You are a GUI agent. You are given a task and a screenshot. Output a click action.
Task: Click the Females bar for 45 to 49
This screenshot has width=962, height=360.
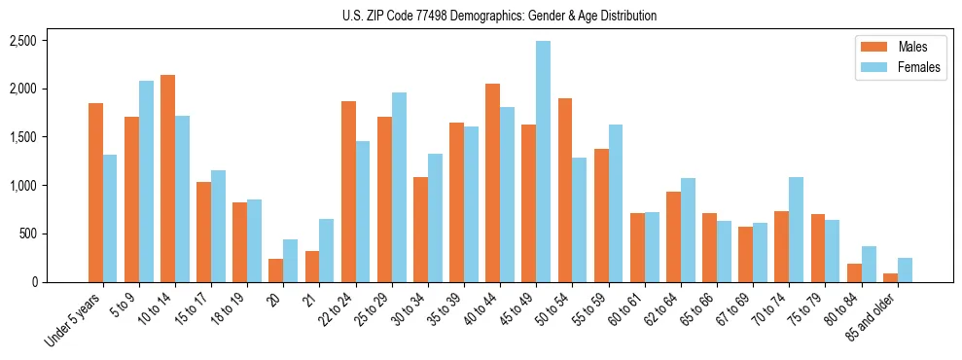point(543,162)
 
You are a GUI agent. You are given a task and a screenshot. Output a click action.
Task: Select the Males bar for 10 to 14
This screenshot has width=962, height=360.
point(167,179)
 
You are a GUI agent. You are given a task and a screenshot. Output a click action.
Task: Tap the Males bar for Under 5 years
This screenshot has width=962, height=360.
point(95,193)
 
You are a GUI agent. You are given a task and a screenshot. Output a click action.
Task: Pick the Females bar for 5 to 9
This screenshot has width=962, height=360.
point(146,182)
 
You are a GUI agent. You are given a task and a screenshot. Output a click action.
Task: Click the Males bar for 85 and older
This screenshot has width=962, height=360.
point(890,277)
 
